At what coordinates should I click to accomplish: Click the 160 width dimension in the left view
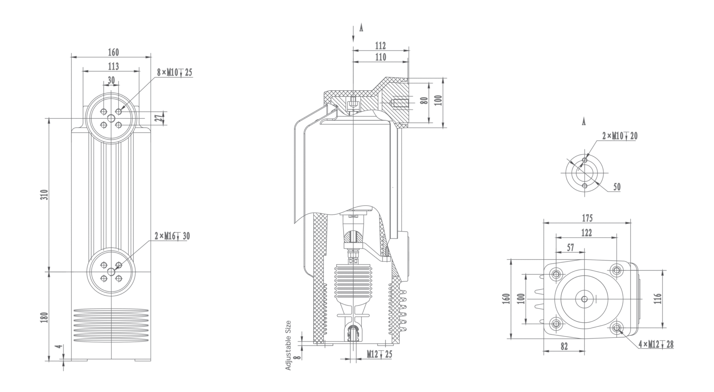click(113, 52)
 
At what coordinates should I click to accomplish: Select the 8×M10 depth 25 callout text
click(174, 72)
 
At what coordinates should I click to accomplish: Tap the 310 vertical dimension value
click(44, 195)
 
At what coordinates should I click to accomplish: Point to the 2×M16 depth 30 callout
click(172, 236)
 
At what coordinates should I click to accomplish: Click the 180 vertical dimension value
click(44, 317)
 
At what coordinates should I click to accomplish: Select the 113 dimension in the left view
click(113, 66)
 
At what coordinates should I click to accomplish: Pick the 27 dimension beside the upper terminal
click(159, 118)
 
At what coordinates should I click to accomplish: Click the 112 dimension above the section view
click(380, 46)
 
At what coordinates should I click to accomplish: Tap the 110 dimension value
click(380, 57)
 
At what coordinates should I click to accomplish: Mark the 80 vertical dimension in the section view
click(424, 101)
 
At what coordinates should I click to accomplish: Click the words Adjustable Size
click(288, 345)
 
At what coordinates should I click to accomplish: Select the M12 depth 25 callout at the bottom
click(379, 354)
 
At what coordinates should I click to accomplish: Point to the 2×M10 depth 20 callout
click(620, 136)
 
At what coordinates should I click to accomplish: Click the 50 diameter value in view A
click(617, 187)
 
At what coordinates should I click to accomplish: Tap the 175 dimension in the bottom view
click(587, 218)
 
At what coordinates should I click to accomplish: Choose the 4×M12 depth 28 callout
click(656, 345)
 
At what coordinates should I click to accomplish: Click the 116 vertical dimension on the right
click(658, 299)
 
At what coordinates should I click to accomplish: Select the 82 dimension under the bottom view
click(564, 346)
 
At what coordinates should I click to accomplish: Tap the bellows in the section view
click(353, 280)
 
